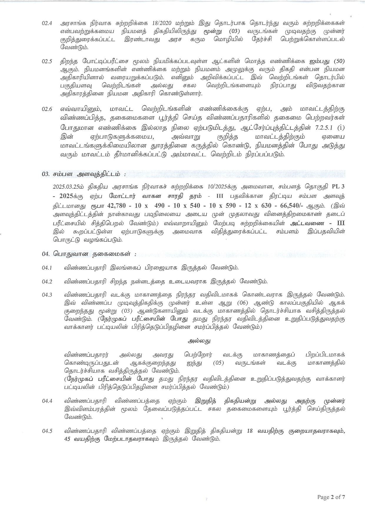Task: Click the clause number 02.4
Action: pos(47,23)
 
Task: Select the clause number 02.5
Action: pos(47,62)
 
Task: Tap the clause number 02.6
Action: pos(47,109)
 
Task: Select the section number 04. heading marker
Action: pos(47,253)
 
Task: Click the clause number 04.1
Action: pos(47,268)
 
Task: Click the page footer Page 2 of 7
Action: pos(331,497)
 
